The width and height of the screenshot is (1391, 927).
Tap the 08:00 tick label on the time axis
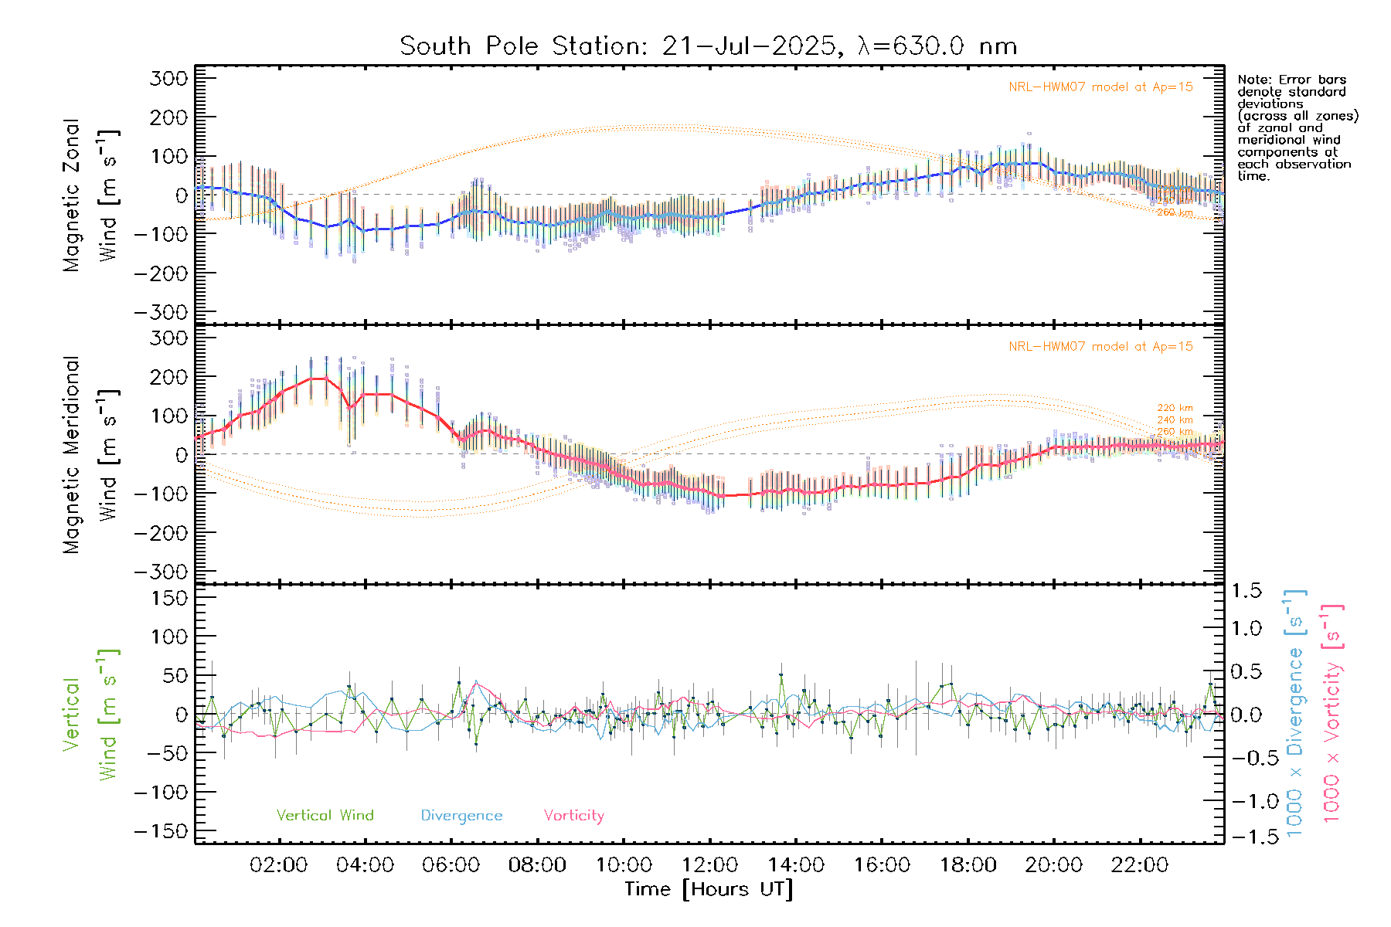coord(537,865)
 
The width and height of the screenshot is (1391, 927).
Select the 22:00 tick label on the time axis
coord(1140,865)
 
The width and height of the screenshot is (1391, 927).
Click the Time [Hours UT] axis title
coord(709,889)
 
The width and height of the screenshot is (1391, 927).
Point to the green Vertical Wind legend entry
coord(325,816)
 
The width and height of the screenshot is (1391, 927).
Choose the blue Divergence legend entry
coord(461,816)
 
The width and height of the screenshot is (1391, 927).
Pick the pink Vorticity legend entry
coord(573,816)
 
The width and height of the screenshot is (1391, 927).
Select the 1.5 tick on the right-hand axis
coord(1246,591)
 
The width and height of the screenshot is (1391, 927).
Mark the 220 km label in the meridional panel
coord(1175,408)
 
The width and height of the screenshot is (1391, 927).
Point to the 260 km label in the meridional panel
coord(1175,432)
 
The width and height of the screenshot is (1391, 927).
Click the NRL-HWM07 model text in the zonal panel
coord(1100,87)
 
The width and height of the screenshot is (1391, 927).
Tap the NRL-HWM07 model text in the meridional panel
coord(1100,347)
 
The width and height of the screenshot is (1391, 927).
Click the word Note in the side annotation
coord(1253,80)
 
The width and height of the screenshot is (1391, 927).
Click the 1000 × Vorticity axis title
coord(1332,714)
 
